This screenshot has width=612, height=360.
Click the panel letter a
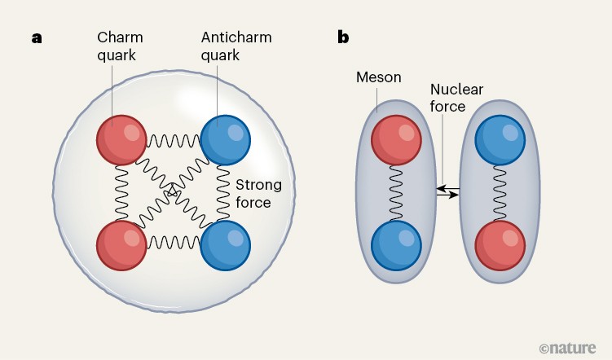tap(37, 37)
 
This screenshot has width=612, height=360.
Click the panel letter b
tap(344, 37)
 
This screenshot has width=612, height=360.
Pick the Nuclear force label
tap(447, 98)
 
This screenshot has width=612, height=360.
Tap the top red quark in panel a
tap(121, 141)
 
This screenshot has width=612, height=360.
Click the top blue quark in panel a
tap(225, 141)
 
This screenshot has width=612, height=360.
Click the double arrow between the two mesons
tap(447, 191)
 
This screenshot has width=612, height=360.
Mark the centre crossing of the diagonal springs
tap(173, 192)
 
